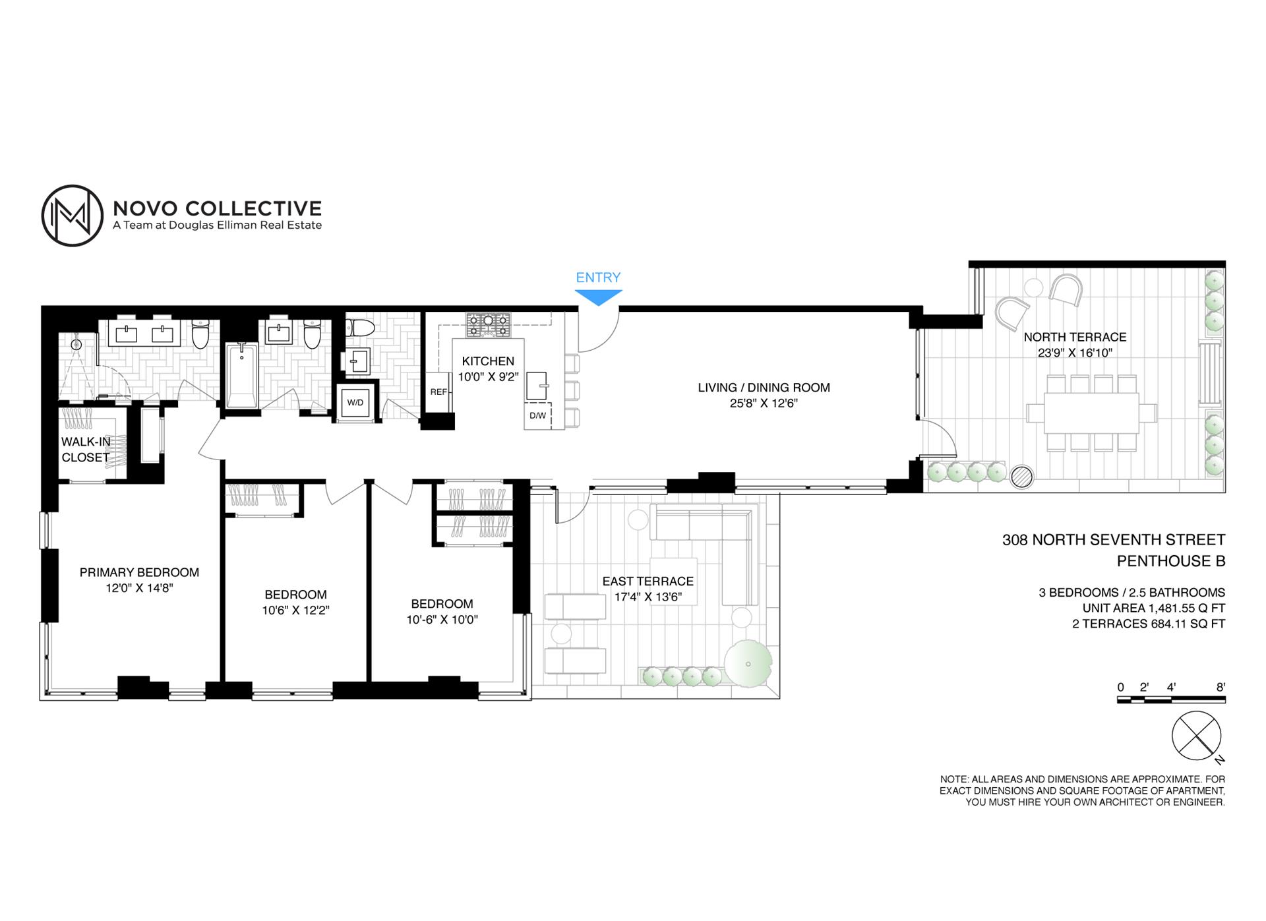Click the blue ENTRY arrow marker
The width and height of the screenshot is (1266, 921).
(x=599, y=299)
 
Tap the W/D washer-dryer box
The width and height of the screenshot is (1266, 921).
(x=355, y=402)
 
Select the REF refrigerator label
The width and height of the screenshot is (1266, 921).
(x=438, y=392)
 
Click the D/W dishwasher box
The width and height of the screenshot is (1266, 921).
(x=537, y=415)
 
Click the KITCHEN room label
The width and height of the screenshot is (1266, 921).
(x=488, y=361)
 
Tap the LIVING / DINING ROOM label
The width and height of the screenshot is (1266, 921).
(x=764, y=388)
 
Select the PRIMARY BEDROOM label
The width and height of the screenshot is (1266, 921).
(x=139, y=572)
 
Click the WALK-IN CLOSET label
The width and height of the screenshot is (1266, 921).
(x=86, y=450)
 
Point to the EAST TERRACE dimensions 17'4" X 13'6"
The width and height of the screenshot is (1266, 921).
(x=648, y=597)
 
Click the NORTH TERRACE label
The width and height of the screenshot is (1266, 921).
(x=1075, y=337)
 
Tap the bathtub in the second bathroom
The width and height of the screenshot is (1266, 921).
(x=243, y=375)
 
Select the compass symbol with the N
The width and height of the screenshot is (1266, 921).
(x=1197, y=736)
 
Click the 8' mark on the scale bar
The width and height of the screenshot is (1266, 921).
(x=1221, y=687)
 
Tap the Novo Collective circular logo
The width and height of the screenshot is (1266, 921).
(x=73, y=216)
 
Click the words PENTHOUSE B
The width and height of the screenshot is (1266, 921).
(x=1170, y=561)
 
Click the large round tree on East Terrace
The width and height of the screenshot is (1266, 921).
(x=748, y=664)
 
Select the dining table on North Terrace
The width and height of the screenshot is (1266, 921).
(x=1091, y=413)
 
